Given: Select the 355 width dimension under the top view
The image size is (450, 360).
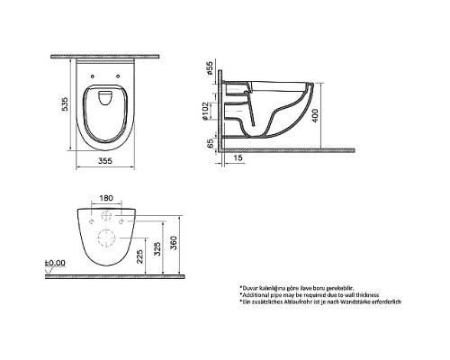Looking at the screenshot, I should [x=108, y=162].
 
